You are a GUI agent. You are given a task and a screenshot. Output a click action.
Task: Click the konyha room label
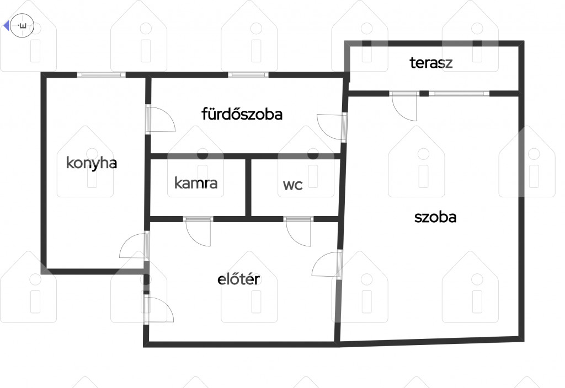point(92,163)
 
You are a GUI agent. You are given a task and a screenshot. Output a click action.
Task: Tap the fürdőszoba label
point(242,114)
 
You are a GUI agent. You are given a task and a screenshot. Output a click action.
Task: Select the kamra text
point(196,183)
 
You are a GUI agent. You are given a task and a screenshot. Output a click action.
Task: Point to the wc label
point(292,185)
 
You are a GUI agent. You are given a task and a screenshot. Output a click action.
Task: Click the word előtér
point(238,279)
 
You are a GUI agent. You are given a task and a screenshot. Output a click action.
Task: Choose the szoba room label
point(435,217)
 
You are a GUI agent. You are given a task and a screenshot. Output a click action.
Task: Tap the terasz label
point(431,63)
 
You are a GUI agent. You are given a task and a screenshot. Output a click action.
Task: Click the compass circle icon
point(22,26)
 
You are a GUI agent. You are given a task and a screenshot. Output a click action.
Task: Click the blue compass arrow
point(6,26)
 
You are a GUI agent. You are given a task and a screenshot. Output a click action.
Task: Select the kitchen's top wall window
point(102,75)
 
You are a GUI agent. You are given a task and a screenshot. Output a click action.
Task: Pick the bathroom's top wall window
point(248,75)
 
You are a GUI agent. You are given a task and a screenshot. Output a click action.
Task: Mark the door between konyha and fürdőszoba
point(160,119)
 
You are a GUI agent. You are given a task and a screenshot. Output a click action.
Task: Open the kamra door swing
point(198,231)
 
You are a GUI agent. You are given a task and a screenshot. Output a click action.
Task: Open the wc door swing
point(298,231)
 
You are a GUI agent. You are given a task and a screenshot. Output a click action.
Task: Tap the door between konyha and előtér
point(134,246)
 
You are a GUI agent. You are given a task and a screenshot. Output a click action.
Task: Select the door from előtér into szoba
point(327,264)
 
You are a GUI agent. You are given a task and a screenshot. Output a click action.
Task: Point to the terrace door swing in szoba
point(404,106)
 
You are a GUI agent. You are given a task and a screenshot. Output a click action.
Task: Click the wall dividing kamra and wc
point(248,187)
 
